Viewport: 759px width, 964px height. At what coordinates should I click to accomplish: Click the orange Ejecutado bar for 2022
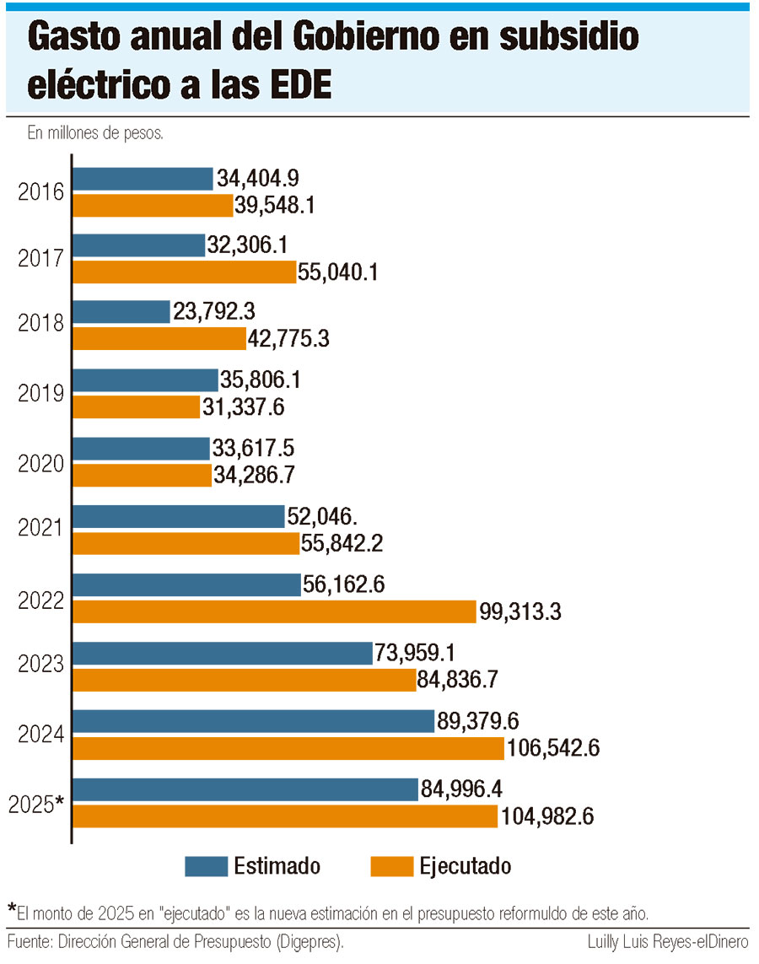click(275, 611)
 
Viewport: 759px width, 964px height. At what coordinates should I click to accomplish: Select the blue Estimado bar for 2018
click(122, 312)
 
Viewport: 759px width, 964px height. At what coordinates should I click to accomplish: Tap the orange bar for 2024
click(288, 748)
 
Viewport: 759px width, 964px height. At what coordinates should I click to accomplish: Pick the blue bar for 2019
click(146, 380)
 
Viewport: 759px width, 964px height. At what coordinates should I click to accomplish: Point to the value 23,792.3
click(214, 312)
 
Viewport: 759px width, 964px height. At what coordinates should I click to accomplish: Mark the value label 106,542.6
click(552, 748)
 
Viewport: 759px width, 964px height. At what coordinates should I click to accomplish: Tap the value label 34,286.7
click(254, 476)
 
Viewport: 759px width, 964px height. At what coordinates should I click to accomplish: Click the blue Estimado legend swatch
click(206, 866)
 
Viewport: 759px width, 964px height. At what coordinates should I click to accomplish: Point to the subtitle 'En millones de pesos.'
click(95, 133)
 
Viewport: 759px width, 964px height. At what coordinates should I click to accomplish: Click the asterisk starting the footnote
click(12, 908)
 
